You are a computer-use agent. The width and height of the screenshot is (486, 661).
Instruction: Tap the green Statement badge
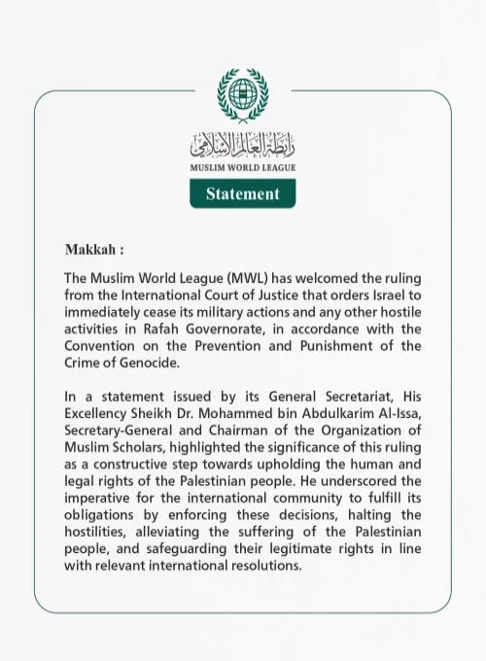point(242,193)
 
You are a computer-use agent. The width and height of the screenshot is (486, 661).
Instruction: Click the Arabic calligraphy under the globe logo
point(242,146)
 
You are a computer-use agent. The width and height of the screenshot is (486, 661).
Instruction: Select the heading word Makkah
point(94,250)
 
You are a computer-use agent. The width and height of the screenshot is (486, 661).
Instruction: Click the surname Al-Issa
point(398,414)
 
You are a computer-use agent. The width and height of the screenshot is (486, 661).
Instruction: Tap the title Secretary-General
point(124,432)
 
